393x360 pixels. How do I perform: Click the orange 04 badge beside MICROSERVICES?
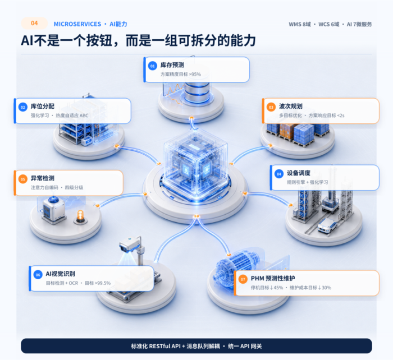tap(34, 24)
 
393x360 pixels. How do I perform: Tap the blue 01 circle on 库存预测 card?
tap(152, 66)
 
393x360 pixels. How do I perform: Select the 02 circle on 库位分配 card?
tap(23, 107)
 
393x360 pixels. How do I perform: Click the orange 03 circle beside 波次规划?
tap(271, 107)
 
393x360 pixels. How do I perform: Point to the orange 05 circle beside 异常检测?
tap(23, 179)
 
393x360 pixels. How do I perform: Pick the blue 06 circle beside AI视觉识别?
tap(38, 275)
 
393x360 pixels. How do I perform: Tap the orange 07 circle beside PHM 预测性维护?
tap(243, 279)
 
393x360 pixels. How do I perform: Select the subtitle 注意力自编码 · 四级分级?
tap(57, 187)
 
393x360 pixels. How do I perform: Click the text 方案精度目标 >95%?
tap(181, 75)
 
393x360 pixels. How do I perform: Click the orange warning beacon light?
tap(80, 217)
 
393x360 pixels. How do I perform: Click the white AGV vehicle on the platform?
tap(327, 225)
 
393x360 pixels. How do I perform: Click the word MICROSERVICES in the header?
tap(77, 24)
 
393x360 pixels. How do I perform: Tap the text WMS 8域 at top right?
tap(300, 24)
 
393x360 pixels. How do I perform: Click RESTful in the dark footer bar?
tap(159, 346)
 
